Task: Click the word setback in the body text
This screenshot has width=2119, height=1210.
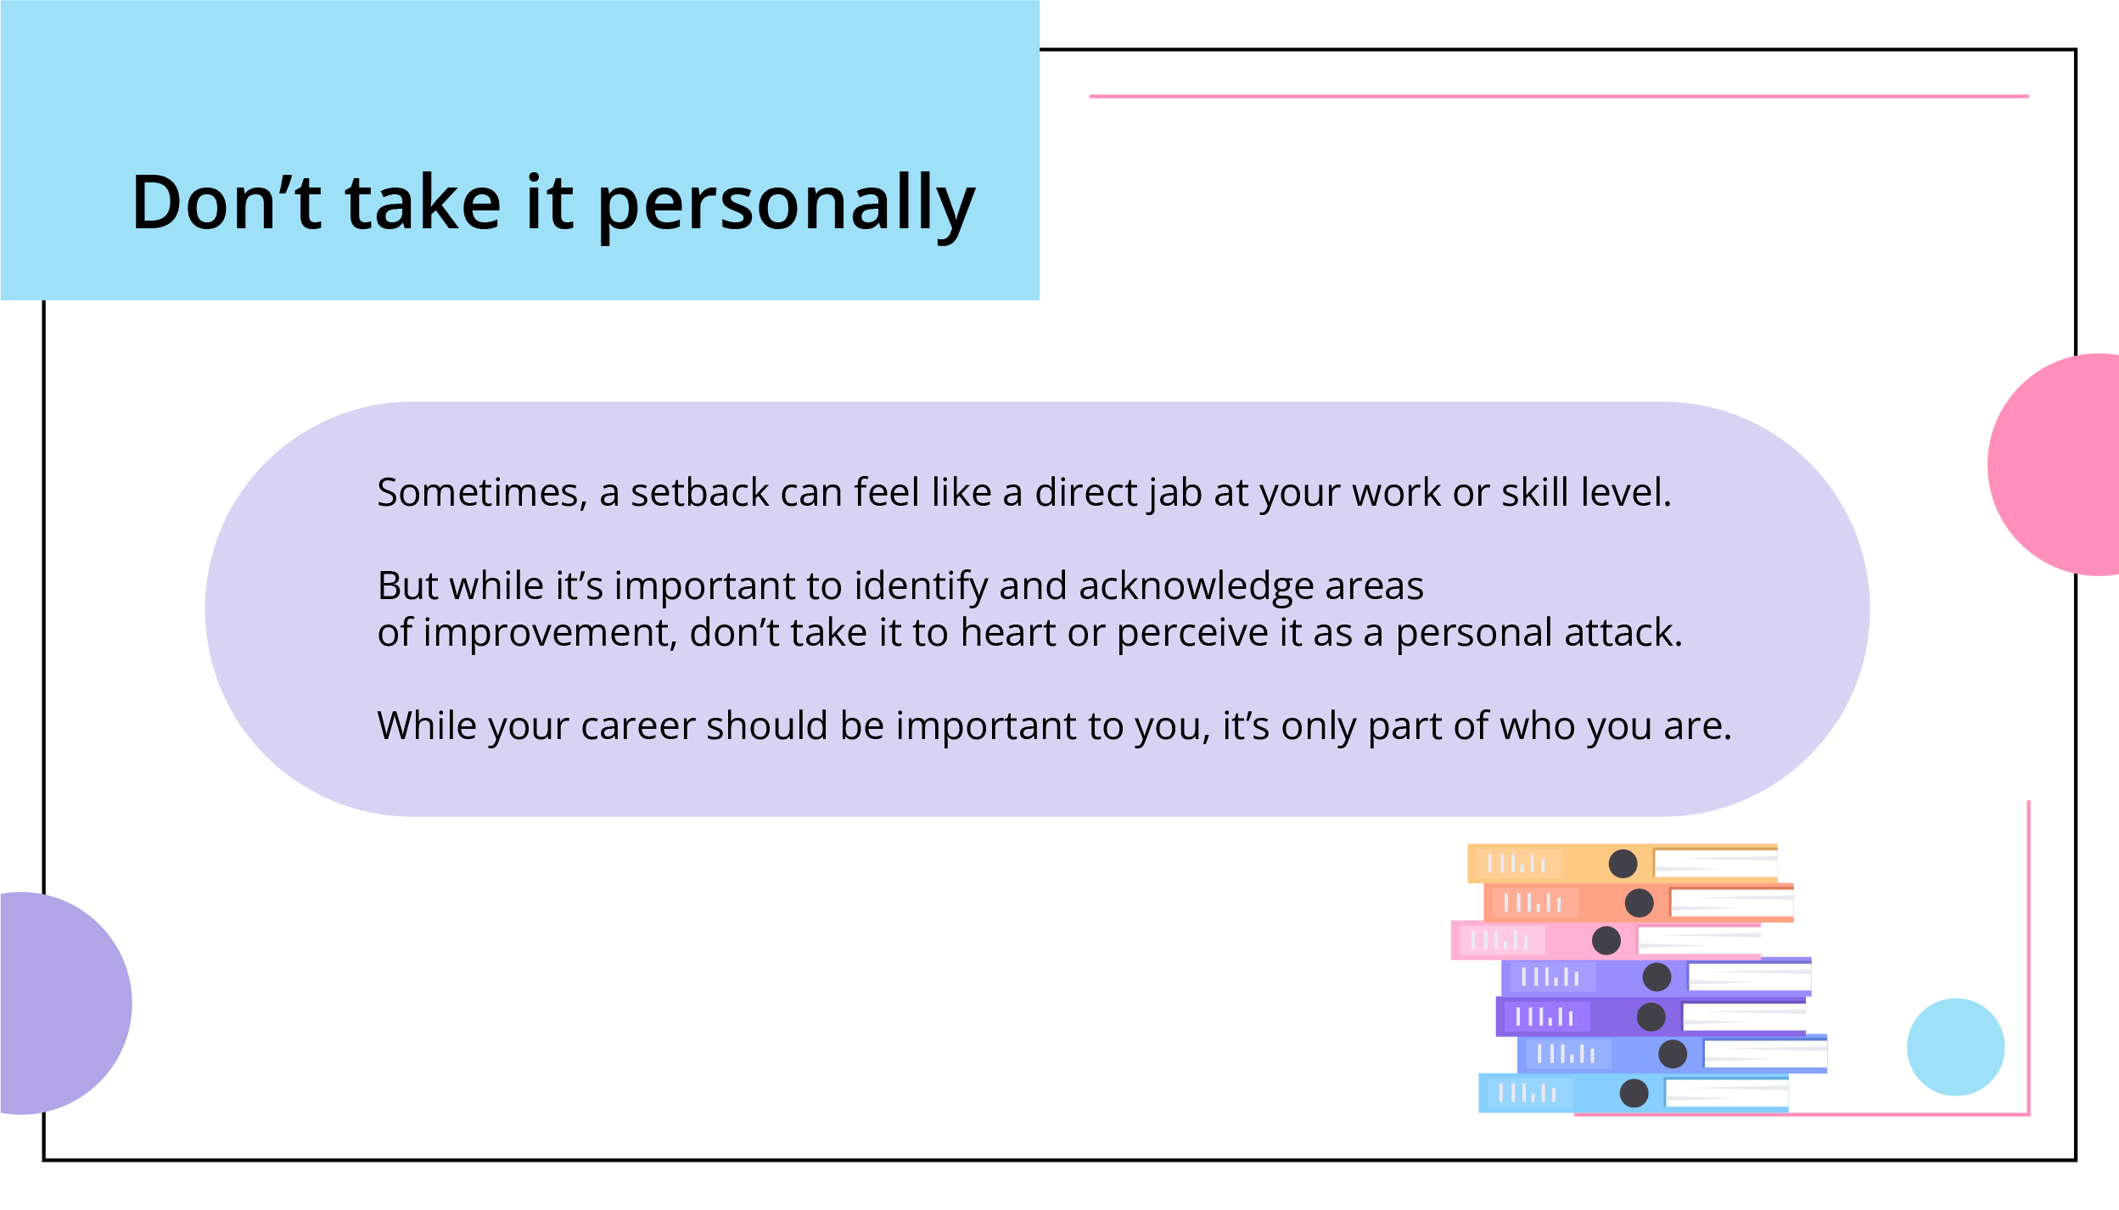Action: click(x=699, y=492)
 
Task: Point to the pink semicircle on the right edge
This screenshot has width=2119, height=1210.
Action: click(x=2054, y=464)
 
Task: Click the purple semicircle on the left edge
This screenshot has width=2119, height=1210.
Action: click(x=66, y=1003)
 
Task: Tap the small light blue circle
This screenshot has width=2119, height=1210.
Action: click(x=1956, y=1047)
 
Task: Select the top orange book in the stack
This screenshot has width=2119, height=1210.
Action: click(x=1623, y=863)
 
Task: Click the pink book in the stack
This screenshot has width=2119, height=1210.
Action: click(x=1606, y=940)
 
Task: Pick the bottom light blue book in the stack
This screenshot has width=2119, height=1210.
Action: click(x=1634, y=1093)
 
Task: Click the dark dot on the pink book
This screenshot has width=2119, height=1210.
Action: click(x=1606, y=940)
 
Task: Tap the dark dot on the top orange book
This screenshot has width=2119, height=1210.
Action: click(x=1623, y=864)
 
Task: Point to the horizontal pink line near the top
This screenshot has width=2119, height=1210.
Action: click(x=1559, y=97)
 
